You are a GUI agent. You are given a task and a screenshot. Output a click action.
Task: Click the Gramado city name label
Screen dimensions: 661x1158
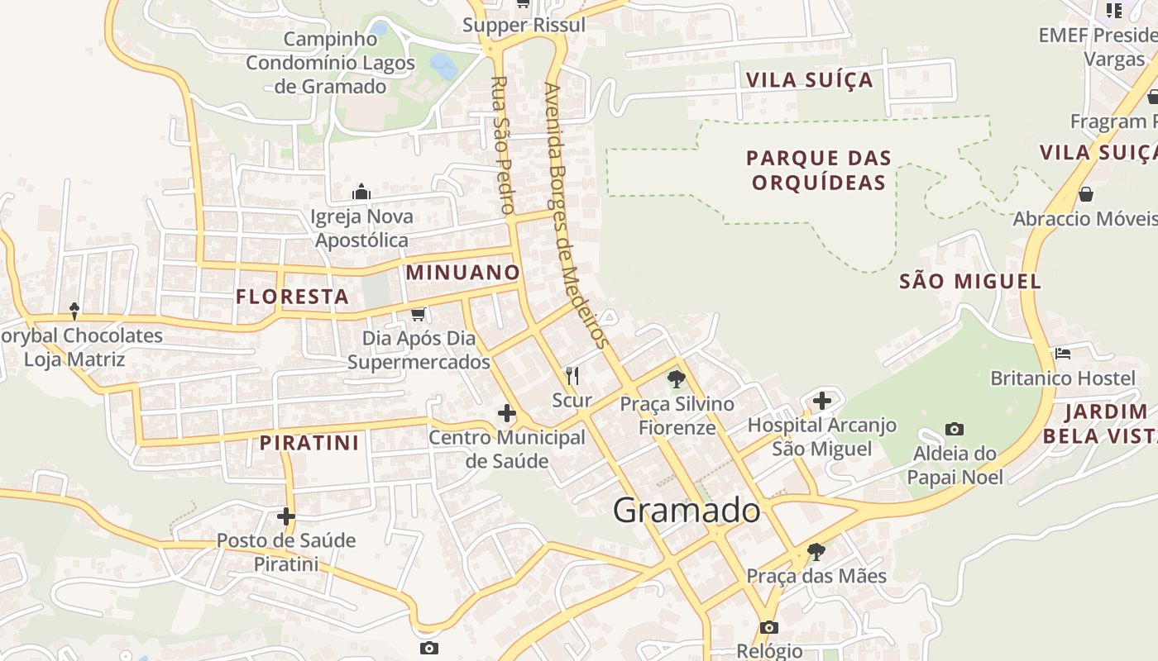pyautogui.click(x=687, y=511)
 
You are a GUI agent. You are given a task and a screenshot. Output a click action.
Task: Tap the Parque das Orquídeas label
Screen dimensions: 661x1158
pyautogui.click(x=819, y=169)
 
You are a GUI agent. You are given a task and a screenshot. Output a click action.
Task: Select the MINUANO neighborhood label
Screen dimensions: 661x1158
pyautogui.click(x=463, y=273)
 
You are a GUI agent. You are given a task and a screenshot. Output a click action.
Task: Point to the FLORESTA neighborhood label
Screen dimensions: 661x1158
pyautogui.click(x=292, y=297)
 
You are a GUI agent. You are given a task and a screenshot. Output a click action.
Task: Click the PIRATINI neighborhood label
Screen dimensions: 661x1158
pyautogui.click(x=309, y=443)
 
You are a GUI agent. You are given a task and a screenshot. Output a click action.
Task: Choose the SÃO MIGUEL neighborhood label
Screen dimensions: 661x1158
pyautogui.click(x=970, y=281)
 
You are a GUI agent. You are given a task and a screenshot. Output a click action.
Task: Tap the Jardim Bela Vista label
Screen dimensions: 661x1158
pyautogui.click(x=1100, y=423)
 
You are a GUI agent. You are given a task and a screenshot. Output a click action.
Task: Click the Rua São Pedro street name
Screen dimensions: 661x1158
pyautogui.click(x=502, y=145)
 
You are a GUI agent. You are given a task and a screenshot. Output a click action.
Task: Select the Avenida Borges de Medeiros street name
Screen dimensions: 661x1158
pyautogui.click(x=577, y=215)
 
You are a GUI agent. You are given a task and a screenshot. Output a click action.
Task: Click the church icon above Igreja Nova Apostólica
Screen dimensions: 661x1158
pyautogui.click(x=361, y=193)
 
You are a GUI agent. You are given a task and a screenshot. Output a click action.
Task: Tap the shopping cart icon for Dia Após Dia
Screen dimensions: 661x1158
pyautogui.click(x=418, y=314)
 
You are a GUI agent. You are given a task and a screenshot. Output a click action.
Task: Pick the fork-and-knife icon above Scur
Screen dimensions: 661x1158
pyautogui.click(x=572, y=376)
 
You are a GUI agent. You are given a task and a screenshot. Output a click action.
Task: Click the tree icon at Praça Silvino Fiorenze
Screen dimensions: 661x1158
pyautogui.click(x=677, y=379)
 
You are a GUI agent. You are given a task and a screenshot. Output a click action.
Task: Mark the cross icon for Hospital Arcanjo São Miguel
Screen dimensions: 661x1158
pyautogui.click(x=822, y=401)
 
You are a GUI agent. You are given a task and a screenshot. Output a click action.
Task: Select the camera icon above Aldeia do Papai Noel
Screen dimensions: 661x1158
pyautogui.click(x=955, y=429)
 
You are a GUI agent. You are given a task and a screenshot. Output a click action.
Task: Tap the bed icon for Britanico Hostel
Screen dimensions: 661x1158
pyautogui.click(x=1063, y=354)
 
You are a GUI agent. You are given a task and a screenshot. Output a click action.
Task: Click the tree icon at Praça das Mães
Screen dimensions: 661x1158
pyautogui.click(x=816, y=551)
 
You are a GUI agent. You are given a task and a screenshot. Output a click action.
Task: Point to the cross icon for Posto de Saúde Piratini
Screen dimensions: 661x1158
pyautogui.click(x=286, y=516)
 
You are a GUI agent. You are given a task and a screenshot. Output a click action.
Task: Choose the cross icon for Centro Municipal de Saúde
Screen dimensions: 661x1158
pyautogui.click(x=507, y=412)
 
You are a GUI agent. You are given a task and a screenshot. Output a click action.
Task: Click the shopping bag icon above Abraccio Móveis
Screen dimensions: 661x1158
pyautogui.click(x=1086, y=194)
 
